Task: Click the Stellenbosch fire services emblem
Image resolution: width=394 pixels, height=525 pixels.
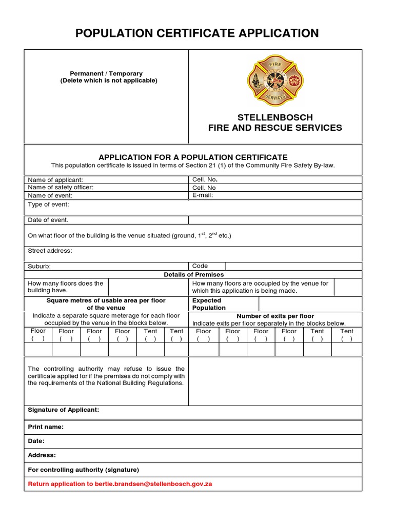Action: point(275,80)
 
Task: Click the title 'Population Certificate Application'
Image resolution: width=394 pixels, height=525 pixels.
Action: point(197,33)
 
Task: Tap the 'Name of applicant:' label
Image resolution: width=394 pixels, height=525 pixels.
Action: point(55,180)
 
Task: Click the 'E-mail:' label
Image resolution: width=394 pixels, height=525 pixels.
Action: point(202,195)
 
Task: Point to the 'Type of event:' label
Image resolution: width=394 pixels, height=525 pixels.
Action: point(48,205)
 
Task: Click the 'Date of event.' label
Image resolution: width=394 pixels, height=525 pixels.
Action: point(48,220)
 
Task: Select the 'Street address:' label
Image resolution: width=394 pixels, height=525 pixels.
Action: point(50,251)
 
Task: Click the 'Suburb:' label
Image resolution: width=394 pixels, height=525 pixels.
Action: point(40,266)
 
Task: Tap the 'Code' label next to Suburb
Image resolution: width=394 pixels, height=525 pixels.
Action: point(200,266)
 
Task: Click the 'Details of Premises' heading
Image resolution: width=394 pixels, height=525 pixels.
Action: point(194,275)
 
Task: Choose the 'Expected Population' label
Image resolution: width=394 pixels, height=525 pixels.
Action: point(208,304)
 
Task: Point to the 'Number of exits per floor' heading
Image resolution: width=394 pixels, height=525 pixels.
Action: point(275,316)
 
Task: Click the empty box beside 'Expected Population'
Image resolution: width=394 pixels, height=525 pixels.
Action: point(310,304)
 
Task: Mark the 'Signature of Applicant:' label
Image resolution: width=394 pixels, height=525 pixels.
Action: point(64,410)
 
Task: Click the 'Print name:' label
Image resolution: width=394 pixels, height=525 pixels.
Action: point(46,427)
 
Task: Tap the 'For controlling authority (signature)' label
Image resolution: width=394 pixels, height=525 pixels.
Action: point(83,470)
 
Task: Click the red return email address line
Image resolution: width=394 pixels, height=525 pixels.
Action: point(120,484)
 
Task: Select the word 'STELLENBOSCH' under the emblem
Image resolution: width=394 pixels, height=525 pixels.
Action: point(275,117)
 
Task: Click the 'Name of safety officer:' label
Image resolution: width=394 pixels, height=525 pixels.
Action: point(61,188)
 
